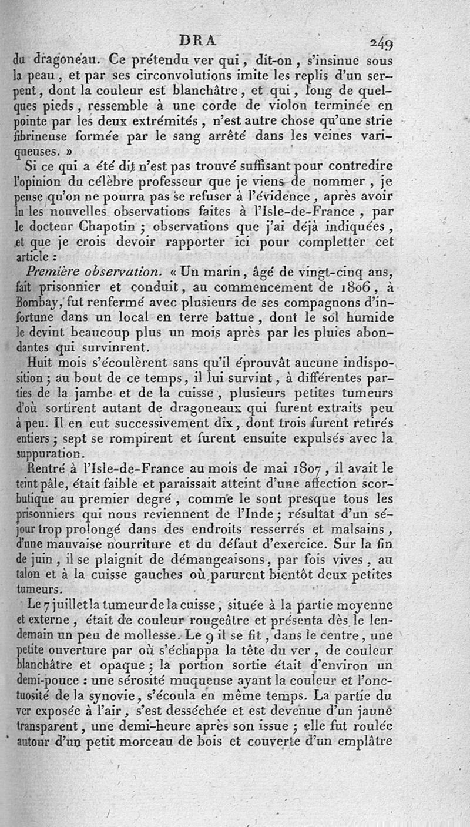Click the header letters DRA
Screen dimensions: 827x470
pyautogui.click(x=197, y=41)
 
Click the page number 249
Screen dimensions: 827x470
pyautogui.click(x=381, y=43)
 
